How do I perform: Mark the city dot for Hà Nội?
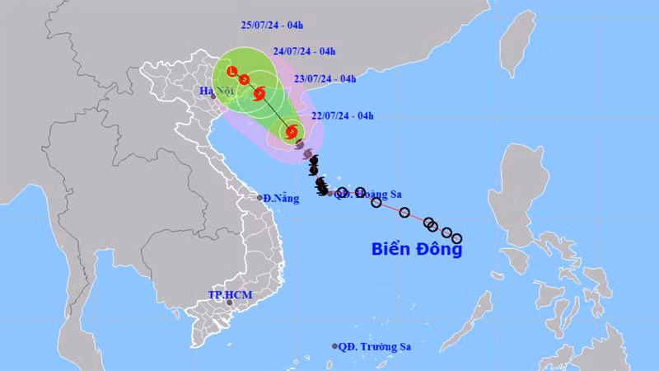point(213,96)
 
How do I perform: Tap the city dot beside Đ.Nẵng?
point(259,198)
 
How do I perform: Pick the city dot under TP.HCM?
point(230,304)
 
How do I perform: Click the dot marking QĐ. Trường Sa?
point(334,346)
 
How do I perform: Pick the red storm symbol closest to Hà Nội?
point(260,93)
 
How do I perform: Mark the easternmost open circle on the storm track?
point(457,238)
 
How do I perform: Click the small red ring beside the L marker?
point(245,79)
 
